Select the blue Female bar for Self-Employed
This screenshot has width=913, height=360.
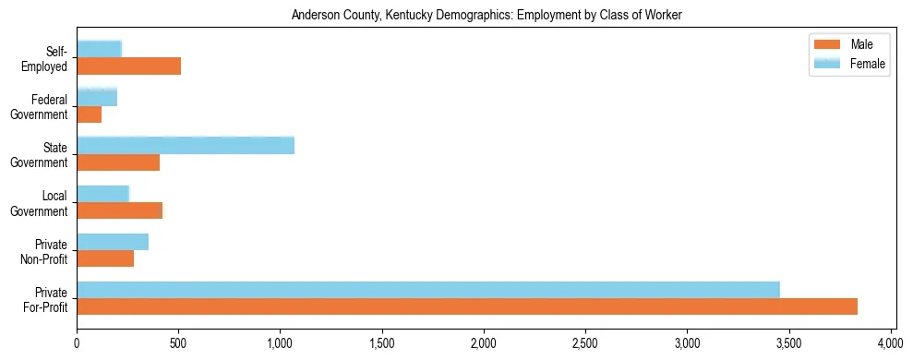tap(99, 49)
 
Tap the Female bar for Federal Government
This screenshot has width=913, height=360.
tap(97, 97)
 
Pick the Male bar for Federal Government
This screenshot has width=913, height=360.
tap(89, 114)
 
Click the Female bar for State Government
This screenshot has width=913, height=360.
tap(186, 145)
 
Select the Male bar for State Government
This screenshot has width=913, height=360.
tap(118, 162)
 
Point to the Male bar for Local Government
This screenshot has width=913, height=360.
tap(119, 210)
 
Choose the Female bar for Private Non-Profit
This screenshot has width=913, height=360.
tap(113, 241)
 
